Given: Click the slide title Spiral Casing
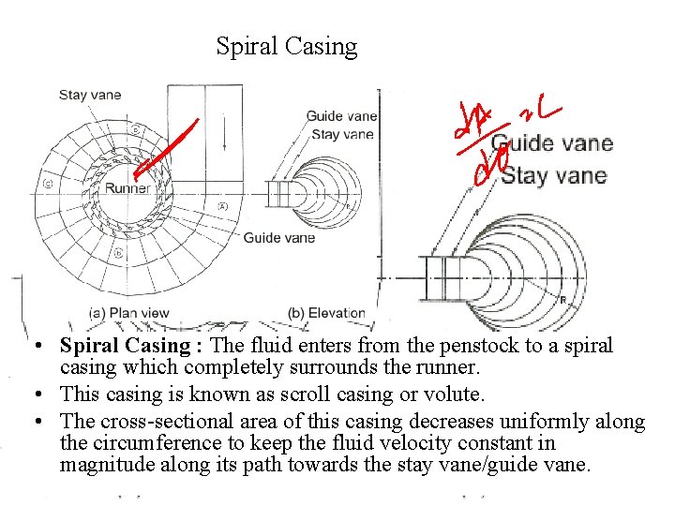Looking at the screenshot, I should [286, 46].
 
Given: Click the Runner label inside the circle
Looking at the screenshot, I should [127, 188].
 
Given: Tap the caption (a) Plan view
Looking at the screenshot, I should [128, 313].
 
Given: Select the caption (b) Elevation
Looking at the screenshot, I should [325, 313].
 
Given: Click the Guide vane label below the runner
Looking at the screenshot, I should [278, 238].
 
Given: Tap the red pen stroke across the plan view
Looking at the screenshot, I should [167, 148].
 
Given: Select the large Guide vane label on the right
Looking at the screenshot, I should [552, 144].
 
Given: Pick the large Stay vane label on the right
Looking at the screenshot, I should [554, 175].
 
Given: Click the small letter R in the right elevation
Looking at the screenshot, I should [562, 301].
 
